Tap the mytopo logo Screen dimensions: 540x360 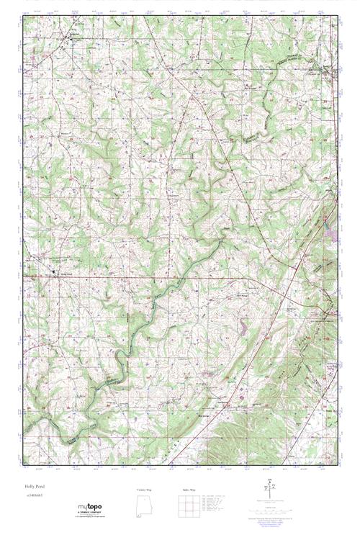(x=90, y=508)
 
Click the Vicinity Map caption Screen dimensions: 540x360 (x=146, y=490)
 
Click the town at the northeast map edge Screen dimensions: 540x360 (x=328, y=72)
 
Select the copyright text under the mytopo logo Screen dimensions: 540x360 (x=90, y=516)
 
